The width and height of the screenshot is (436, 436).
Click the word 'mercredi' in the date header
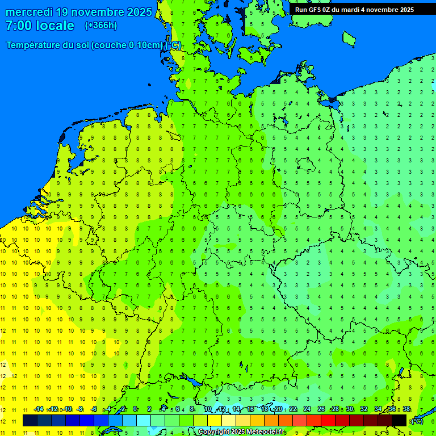(x=30, y=12)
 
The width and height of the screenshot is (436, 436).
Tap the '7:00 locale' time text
(x=40, y=26)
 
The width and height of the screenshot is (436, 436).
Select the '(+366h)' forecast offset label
(x=100, y=26)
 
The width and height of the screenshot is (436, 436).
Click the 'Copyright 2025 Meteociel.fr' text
(x=241, y=432)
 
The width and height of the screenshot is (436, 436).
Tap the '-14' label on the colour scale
(x=39, y=409)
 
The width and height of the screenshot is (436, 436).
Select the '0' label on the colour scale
(x=135, y=409)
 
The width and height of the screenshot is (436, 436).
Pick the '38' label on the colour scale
(x=406, y=409)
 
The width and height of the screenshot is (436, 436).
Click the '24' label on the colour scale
(x=307, y=409)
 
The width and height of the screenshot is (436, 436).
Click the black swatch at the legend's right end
(x=399, y=421)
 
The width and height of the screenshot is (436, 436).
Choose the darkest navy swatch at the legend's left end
(x=30, y=421)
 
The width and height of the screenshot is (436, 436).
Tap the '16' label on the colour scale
(x=250, y=409)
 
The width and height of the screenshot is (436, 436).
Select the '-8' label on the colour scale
(x=80, y=409)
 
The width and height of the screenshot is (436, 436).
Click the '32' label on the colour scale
(x=364, y=409)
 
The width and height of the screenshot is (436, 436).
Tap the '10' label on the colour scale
(x=208, y=409)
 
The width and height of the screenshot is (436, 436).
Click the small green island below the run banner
(x=349, y=38)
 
